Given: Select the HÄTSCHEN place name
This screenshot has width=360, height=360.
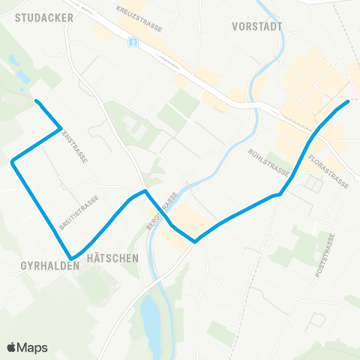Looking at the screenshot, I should [112, 257].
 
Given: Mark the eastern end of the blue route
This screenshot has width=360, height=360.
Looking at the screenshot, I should [348, 101].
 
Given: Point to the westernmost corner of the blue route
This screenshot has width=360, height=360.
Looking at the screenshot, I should [13, 160].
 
